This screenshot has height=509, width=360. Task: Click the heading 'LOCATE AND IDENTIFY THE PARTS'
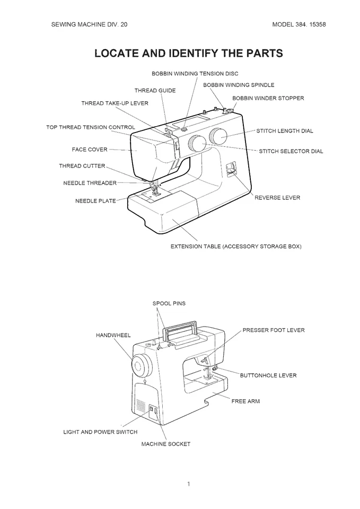(188, 54)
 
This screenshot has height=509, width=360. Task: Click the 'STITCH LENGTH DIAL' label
(285, 130)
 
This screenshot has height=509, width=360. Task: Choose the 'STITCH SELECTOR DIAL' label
(291, 151)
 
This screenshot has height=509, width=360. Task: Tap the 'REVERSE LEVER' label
(277, 198)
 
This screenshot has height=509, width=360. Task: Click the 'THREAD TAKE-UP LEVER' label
(115, 103)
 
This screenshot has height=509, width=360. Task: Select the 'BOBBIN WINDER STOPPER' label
(268, 98)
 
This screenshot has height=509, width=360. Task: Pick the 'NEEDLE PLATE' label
(95, 201)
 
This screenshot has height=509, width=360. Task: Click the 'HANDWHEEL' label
(113, 336)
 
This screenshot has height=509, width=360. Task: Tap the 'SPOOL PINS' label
(169, 303)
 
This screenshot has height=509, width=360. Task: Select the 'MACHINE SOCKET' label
(165, 444)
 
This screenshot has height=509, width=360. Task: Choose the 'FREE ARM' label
(245, 401)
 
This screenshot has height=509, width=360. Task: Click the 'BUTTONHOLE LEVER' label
(268, 375)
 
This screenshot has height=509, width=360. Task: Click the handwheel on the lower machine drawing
(141, 365)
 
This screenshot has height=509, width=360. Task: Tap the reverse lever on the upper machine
(230, 169)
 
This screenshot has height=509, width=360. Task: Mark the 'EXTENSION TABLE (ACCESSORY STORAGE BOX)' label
(235, 247)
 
